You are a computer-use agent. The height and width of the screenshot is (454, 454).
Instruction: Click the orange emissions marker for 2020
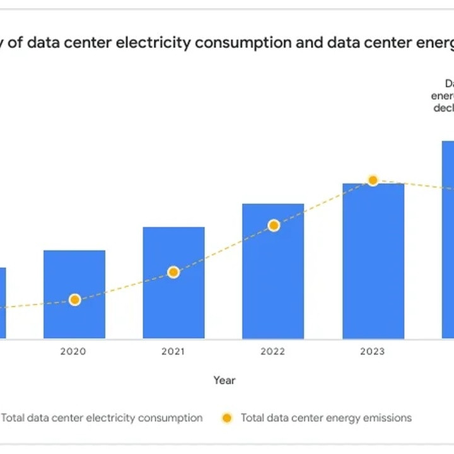(x=74, y=300)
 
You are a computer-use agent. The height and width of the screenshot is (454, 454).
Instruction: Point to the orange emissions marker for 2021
(x=173, y=272)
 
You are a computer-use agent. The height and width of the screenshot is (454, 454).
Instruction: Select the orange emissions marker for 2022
(x=273, y=225)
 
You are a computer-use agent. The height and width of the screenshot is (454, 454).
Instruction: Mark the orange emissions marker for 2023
(x=373, y=180)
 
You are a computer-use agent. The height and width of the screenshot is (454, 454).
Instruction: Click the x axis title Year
(x=224, y=380)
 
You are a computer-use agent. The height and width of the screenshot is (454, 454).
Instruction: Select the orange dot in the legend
(x=228, y=417)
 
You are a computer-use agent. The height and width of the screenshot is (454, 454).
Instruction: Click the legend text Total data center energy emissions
(x=326, y=417)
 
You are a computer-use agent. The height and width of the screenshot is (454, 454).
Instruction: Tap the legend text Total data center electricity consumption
(x=102, y=417)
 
